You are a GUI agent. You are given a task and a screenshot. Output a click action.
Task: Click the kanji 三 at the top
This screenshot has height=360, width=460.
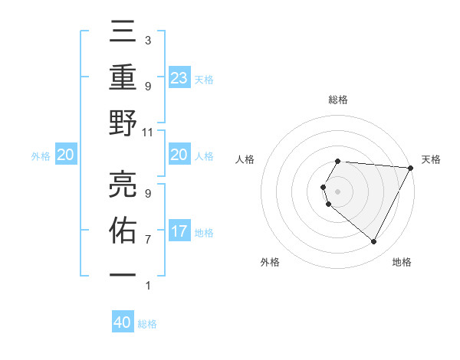(x=123, y=32)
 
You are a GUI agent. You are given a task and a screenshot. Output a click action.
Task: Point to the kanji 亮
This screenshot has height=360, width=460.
(x=123, y=184)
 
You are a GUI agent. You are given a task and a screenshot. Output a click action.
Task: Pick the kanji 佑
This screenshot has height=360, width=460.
(x=123, y=230)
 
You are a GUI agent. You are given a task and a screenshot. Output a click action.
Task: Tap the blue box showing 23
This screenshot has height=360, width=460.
(x=179, y=77)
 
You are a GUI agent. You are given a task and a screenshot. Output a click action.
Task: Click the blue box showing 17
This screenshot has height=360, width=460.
(x=179, y=231)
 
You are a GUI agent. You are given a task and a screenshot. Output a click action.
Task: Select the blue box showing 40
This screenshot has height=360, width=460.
(x=123, y=322)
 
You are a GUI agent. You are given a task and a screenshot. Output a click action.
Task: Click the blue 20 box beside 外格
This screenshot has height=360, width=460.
(x=65, y=155)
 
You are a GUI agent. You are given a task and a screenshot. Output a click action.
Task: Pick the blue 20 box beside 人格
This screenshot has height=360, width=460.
(x=179, y=155)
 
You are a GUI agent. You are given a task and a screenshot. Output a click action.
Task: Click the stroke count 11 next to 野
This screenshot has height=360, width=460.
(x=148, y=132)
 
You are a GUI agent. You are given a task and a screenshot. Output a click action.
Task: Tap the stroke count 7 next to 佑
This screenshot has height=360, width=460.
(x=148, y=239)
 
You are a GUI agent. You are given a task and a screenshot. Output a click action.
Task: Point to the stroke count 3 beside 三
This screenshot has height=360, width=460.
(x=148, y=40)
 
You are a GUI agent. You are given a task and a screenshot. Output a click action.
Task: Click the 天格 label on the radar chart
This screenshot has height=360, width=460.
(x=431, y=159)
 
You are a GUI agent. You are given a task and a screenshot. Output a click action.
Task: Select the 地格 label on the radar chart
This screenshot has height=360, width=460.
(x=402, y=262)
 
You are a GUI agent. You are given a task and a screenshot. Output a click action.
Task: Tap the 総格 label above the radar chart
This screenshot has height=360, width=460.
(x=337, y=100)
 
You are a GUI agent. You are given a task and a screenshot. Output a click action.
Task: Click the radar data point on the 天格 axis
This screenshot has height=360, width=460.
(x=411, y=168)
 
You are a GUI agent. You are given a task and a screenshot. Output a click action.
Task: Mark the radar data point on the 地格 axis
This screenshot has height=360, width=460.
(x=374, y=242)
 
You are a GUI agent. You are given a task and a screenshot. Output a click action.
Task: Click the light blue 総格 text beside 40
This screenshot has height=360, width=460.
(x=147, y=324)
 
